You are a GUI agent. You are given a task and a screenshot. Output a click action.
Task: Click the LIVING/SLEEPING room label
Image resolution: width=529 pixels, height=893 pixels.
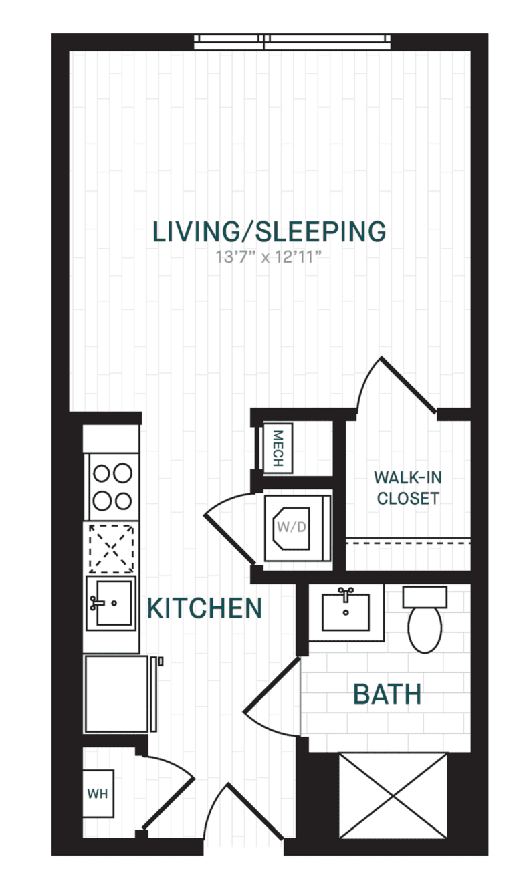270,231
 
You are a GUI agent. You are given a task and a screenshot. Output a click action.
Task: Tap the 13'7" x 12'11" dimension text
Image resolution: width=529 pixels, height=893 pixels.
268,257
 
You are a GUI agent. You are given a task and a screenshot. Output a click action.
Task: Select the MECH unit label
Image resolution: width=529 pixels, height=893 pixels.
278,448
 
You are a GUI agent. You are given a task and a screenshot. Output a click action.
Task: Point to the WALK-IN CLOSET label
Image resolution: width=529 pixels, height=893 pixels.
408,488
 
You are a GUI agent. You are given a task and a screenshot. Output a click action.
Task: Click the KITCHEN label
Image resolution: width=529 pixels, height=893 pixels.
205,608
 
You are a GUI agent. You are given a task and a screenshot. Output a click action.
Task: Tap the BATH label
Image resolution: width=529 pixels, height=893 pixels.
387,694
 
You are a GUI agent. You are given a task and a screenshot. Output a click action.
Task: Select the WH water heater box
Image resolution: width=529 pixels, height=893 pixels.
98,793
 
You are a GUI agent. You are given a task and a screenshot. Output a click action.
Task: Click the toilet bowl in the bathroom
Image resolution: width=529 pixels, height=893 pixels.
425,630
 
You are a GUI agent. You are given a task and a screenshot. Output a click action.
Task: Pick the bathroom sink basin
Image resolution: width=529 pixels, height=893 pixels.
346,612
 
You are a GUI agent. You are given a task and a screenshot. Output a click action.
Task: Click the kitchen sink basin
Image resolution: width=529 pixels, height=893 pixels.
114,602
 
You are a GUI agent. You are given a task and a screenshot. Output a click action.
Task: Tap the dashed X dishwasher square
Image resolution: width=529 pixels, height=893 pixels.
111,549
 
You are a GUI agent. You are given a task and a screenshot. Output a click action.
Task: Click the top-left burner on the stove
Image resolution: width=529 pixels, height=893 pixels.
102,473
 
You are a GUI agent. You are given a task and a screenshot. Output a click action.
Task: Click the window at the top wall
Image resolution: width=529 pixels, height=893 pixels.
292,42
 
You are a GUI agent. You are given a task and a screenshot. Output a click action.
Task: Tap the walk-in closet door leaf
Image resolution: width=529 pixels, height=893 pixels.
408,384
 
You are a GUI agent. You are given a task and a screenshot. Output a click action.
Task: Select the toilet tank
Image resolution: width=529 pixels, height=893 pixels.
425,597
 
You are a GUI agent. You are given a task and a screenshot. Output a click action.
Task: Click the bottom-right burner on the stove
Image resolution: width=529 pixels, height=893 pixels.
123,501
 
